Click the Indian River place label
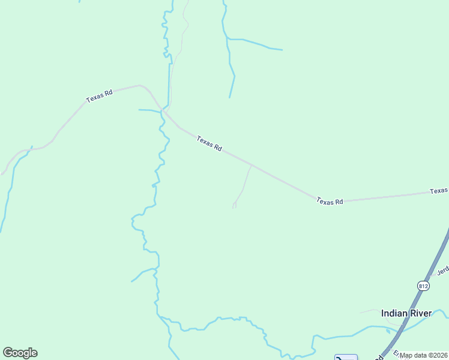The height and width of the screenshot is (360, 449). pos(406,313)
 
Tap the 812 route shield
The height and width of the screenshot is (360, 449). pos(424,286)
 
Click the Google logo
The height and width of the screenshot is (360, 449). pos(20,353)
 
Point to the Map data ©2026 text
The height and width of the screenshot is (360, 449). pos(424,355)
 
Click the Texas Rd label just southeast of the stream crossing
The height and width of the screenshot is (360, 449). pos(209,143)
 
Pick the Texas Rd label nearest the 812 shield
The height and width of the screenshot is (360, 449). pos(330,202)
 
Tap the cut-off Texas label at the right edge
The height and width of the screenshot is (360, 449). pos(439,191)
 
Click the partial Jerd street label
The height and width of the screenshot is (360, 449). pos(443,271)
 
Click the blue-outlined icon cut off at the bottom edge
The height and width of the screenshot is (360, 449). pos(346,357)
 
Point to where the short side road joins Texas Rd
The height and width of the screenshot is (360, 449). pos(251,165)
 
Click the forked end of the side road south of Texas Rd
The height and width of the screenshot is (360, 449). pos(234,206)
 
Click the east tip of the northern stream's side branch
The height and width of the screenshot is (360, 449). pos(282,49)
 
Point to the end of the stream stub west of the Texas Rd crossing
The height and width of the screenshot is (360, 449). pos(139,110)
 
